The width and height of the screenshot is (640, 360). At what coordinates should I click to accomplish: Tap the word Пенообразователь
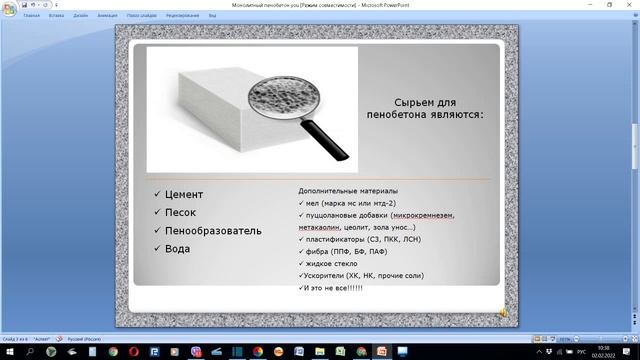point(214,230)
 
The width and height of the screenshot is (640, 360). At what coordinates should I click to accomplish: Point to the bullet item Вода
point(178,249)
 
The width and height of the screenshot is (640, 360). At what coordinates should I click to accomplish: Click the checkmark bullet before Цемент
point(156,194)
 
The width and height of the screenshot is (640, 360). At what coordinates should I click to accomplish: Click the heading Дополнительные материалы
point(347,190)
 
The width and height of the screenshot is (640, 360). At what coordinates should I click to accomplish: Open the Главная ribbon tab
point(32,17)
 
